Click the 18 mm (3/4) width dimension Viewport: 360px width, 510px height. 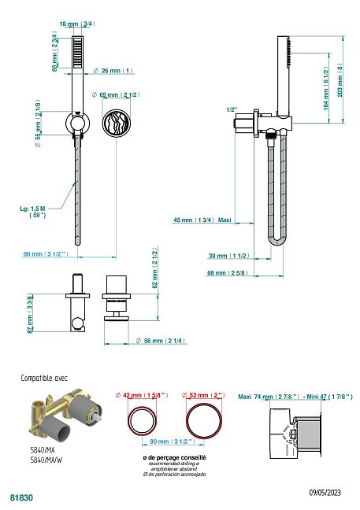77,24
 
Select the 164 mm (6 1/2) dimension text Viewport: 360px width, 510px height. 326,88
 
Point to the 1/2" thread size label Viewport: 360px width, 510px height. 232,110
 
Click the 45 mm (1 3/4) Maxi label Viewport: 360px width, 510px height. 202,220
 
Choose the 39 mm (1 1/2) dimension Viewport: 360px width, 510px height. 228,256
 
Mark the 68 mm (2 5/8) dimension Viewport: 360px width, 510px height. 227,273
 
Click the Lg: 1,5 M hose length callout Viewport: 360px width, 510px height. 32,212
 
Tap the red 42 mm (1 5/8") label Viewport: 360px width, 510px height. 142,395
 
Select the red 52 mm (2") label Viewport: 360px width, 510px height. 203,395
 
